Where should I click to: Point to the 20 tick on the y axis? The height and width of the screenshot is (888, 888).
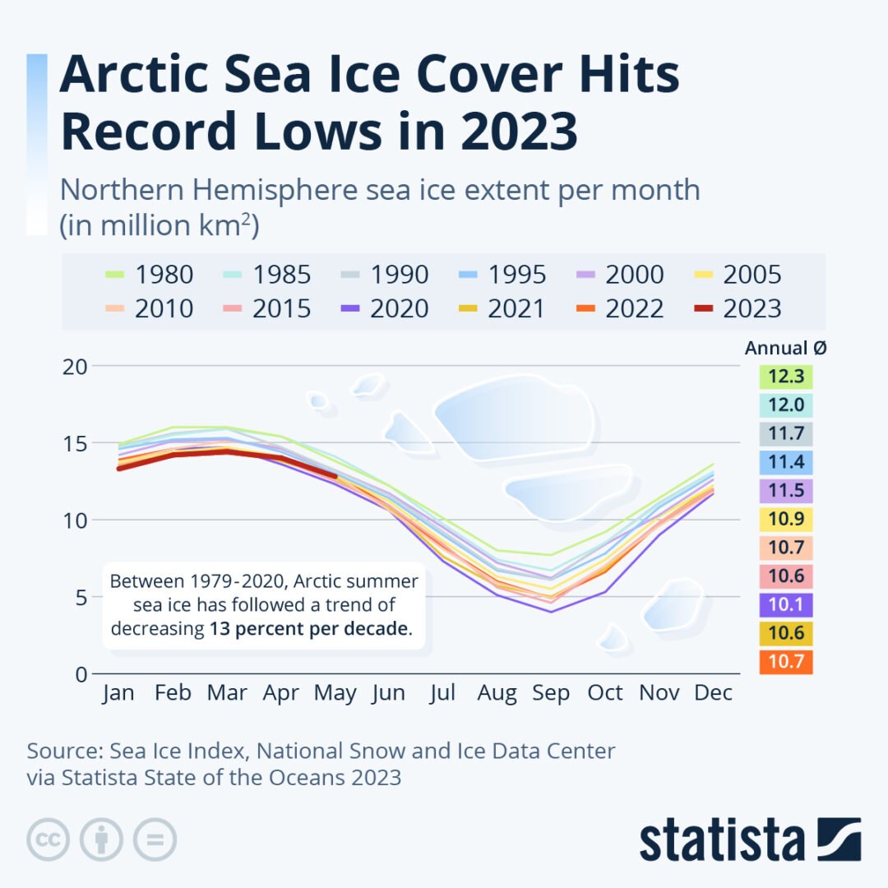pos(75,367)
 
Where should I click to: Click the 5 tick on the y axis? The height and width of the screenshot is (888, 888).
pos(81,598)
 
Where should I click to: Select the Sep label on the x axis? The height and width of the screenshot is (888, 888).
pos(551,693)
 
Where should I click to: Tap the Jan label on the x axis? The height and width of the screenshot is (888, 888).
pos(118,693)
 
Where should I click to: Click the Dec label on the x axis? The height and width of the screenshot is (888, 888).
pos(713,693)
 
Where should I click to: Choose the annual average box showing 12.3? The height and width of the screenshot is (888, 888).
pos(786,377)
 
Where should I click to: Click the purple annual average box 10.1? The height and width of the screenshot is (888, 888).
pos(786,605)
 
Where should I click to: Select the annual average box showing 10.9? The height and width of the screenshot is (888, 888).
pos(786,520)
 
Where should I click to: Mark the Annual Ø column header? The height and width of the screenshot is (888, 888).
pos(786,348)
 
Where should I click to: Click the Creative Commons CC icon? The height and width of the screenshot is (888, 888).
pos(48,839)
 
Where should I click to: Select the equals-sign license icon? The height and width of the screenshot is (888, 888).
pos(155,839)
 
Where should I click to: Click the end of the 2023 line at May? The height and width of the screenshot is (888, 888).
pos(335,475)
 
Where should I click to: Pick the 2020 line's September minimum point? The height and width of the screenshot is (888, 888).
pos(551,612)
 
